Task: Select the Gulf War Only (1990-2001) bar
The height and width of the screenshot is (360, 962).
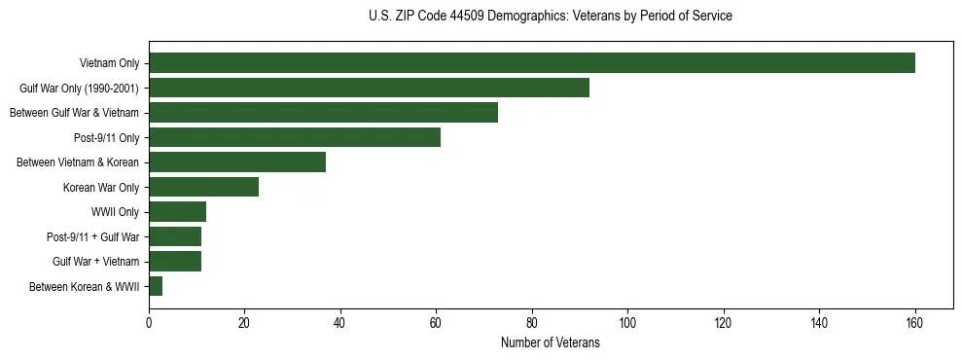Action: coord(369,88)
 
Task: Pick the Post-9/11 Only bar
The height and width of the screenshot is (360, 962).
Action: coord(295,137)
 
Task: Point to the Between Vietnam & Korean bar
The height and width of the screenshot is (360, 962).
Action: coord(237,162)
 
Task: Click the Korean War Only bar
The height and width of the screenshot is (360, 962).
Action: coord(203,187)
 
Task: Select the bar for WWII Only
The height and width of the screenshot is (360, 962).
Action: coord(177,212)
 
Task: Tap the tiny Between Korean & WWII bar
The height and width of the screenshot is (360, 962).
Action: coord(156,286)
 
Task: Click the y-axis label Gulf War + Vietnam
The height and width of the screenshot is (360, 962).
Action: coord(95,262)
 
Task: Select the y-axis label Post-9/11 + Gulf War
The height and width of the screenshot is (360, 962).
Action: coord(92,236)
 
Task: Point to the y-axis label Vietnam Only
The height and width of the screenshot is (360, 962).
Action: coord(109,63)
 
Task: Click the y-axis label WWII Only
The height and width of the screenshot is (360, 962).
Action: coord(115,212)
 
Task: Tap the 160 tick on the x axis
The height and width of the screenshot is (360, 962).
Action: coord(914,323)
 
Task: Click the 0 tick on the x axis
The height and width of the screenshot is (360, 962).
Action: coord(149,323)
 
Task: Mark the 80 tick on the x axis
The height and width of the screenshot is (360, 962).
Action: coord(532,323)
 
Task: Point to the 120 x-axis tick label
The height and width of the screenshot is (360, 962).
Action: coord(723,323)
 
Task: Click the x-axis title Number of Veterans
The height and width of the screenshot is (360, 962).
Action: coord(550,343)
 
